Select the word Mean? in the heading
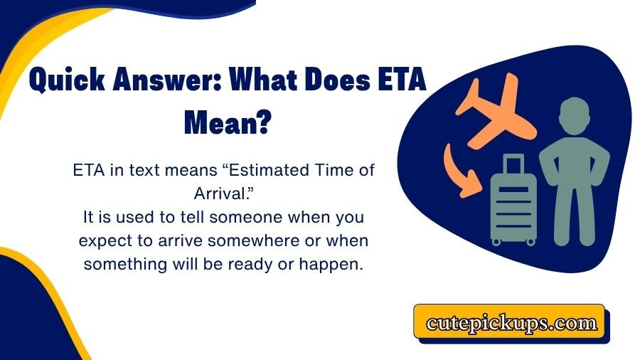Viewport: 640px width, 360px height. pos(228,124)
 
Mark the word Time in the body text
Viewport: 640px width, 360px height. pos(326,171)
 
